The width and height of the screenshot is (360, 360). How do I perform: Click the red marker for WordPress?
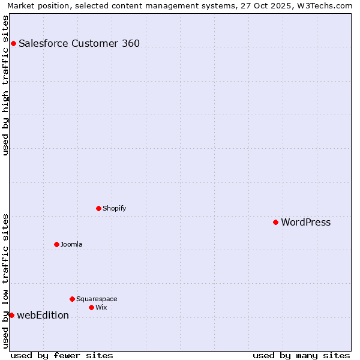pyautogui.click(x=275, y=222)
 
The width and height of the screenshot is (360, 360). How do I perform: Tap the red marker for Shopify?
pyautogui.click(x=98, y=208)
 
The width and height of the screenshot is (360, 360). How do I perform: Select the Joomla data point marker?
pyautogui.click(x=56, y=244)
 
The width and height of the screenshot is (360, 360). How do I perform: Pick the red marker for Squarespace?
pyautogui.click(x=72, y=299)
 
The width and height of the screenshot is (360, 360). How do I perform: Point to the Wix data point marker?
pyautogui.click(x=91, y=307)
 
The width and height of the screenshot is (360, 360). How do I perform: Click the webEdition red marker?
pyautogui.click(x=11, y=315)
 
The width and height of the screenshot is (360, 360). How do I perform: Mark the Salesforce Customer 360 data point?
pyautogui.click(x=13, y=43)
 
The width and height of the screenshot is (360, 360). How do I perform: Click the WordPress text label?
pyautogui.click(x=305, y=222)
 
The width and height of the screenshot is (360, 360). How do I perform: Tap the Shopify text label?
pyautogui.click(x=114, y=208)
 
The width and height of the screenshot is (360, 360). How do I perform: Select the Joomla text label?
pyautogui.click(x=71, y=244)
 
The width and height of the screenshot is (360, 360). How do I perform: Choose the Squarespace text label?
pyautogui.click(x=97, y=299)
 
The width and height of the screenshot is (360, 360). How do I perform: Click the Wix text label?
pyautogui.click(x=101, y=307)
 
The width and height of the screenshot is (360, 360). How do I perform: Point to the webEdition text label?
pyautogui.click(x=43, y=315)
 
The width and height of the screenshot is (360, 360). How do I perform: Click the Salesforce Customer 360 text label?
pyautogui.click(x=79, y=43)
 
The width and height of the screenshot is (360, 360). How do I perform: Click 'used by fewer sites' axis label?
pyautogui.click(x=62, y=355)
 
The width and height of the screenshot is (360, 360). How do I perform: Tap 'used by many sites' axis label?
pyautogui.click(x=301, y=355)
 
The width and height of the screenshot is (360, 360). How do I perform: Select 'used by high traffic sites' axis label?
pyautogui.click(x=5, y=85)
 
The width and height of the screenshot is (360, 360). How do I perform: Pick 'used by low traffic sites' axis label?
pyautogui.click(x=5, y=281)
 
